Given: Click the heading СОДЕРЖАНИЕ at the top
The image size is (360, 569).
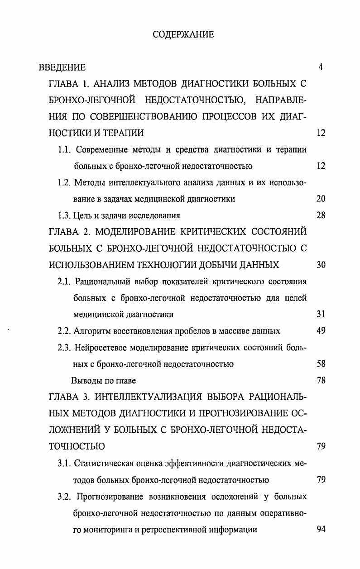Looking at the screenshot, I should click(183, 34).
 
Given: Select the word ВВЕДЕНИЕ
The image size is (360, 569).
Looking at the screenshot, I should click(62, 67).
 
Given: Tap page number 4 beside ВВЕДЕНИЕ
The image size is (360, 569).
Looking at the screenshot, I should click(321, 67).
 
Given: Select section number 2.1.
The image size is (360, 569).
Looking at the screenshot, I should click(65, 282).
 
